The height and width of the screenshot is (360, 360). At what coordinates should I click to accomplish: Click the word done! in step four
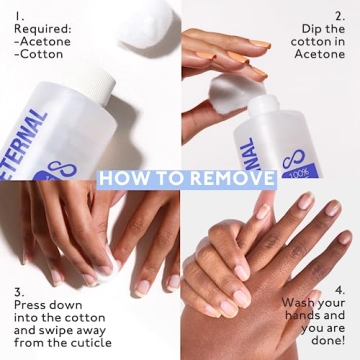point(327,344)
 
